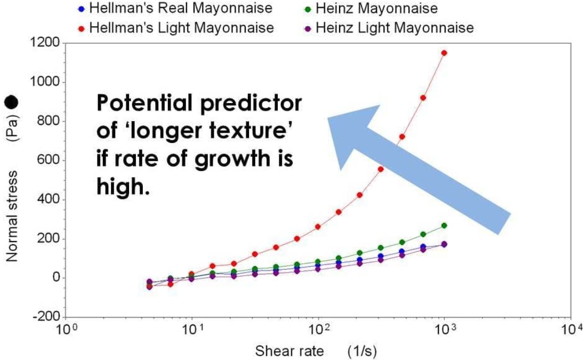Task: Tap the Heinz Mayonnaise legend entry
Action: coord(376,9)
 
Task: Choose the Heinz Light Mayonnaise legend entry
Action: coord(395,27)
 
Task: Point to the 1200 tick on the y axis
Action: coord(46,43)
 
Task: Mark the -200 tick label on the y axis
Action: coord(47,317)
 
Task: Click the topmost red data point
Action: coord(444,53)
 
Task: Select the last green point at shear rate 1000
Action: coord(444,226)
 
